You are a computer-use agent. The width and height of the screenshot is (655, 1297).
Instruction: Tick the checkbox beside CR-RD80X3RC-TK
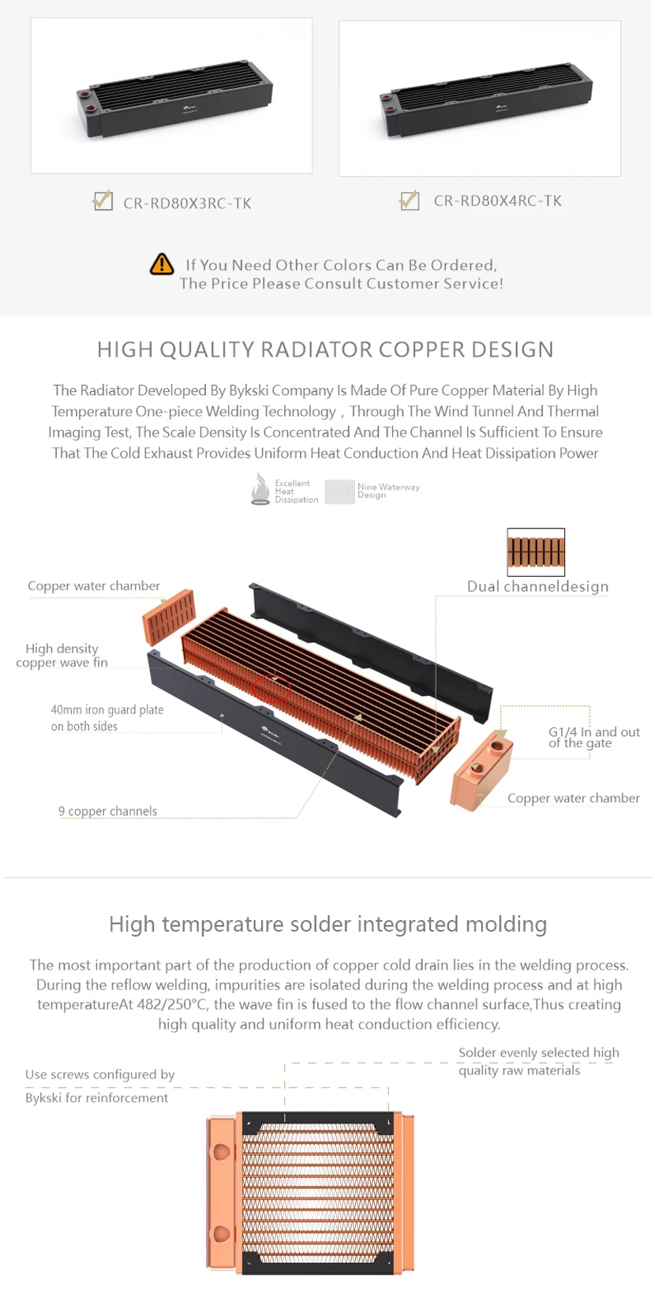tap(103, 201)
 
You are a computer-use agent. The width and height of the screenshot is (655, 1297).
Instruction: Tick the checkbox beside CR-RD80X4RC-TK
tap(409, 200)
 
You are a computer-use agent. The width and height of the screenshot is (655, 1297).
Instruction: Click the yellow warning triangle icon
tap(162, 264)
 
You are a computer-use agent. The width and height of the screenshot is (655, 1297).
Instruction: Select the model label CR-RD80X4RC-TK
tap(497, 201)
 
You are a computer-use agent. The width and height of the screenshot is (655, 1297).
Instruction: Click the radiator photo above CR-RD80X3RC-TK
tap(171, 95)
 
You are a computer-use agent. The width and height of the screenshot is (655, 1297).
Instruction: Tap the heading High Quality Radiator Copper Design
tap(325, 349)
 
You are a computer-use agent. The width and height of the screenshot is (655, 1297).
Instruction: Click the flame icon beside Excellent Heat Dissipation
tap(260, 488)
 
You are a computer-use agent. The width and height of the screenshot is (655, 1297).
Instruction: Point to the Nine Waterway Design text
tap(387, 491)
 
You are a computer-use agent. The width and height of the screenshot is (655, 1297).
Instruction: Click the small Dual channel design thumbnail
tap(536, 551)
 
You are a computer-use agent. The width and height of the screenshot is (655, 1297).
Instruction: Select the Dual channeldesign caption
tap(537, 586)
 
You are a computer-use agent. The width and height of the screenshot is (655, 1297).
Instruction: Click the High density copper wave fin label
tap(62, 656)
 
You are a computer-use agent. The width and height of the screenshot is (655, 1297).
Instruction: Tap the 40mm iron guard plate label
tap(107, 718)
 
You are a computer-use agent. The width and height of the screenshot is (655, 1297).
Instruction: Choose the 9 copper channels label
tap(107, 811)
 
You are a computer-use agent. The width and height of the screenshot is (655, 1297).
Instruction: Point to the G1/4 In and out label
tap(593, 737)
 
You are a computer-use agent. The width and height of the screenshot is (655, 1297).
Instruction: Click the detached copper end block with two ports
tap(482, 770)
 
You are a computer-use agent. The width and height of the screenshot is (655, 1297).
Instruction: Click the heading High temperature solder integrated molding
tap(327, 924)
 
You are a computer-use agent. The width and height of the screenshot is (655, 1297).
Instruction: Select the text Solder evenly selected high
tap(538, 1052)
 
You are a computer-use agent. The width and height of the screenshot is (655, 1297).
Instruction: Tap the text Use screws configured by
tap(99, 1075)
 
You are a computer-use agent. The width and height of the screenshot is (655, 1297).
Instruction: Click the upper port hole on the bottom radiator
tap(222, 1152)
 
